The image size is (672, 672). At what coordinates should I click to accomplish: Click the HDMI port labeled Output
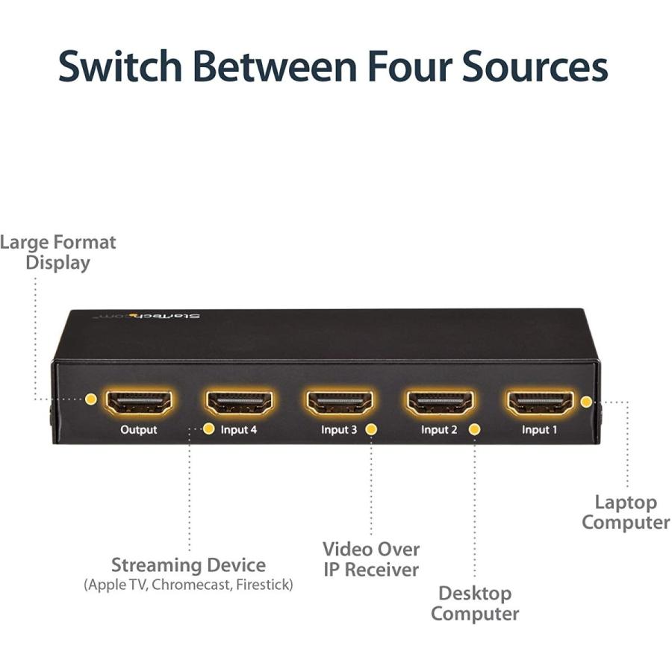coord(139,403)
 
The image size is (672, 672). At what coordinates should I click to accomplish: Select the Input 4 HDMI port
coord(240,403)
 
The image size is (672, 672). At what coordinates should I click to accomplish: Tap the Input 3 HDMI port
coord(340,403)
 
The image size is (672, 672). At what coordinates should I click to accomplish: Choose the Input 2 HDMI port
coord(440,403)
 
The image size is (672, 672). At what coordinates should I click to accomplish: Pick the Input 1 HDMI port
coord(540,403)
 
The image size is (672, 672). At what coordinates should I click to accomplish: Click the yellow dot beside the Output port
coord(91,399)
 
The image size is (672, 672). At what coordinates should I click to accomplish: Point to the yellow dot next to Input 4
coord(208,429)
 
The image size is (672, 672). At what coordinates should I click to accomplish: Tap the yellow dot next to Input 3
coord(371,429)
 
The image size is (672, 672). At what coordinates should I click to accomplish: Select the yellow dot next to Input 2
coord(473,429)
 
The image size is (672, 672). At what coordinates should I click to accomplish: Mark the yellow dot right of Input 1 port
coord(586,402)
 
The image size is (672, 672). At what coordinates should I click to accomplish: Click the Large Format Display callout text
coord(58,252)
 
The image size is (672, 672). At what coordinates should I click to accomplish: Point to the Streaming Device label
coord(188,564)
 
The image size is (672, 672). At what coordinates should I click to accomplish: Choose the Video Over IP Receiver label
coord(370,559)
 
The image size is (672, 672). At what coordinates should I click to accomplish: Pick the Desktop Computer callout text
coord(475,604)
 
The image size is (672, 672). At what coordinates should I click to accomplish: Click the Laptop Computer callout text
coord(626,512)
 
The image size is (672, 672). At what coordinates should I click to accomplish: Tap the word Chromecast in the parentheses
coord(193,585)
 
